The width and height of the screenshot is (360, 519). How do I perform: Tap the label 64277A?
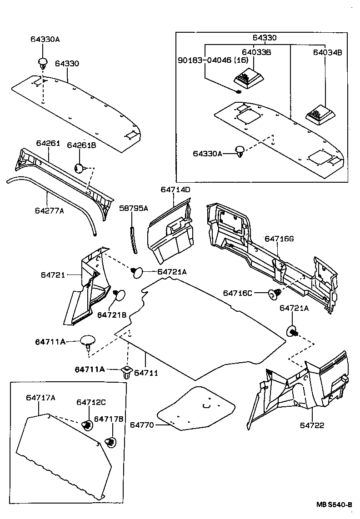pyautogui.click(x=49, y=210)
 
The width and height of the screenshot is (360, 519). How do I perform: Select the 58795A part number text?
pyautogui.click(x=133, y=208)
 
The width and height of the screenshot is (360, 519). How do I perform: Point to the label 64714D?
pyautogui.click(x=175, y=189)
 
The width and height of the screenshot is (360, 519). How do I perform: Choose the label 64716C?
pyautogui.click(x=237, y=293)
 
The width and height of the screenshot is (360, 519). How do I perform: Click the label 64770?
pyautogui.click(x=141, y=425)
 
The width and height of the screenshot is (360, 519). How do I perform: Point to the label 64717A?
pyautogui.click(x=40, y=398)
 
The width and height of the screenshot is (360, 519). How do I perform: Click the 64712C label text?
pyautogui.click(x=91, y=402)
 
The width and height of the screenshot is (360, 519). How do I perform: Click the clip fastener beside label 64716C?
pyautogui.click(x=275, y=294)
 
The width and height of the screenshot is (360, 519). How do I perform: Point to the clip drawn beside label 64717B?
pyautogui.click(x=109, y=441)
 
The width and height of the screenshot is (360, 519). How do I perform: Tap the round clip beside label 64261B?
pyautogui.click(x=80, y=169)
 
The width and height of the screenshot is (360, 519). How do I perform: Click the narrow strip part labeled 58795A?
pyautogui.click(x=134, y=239)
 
